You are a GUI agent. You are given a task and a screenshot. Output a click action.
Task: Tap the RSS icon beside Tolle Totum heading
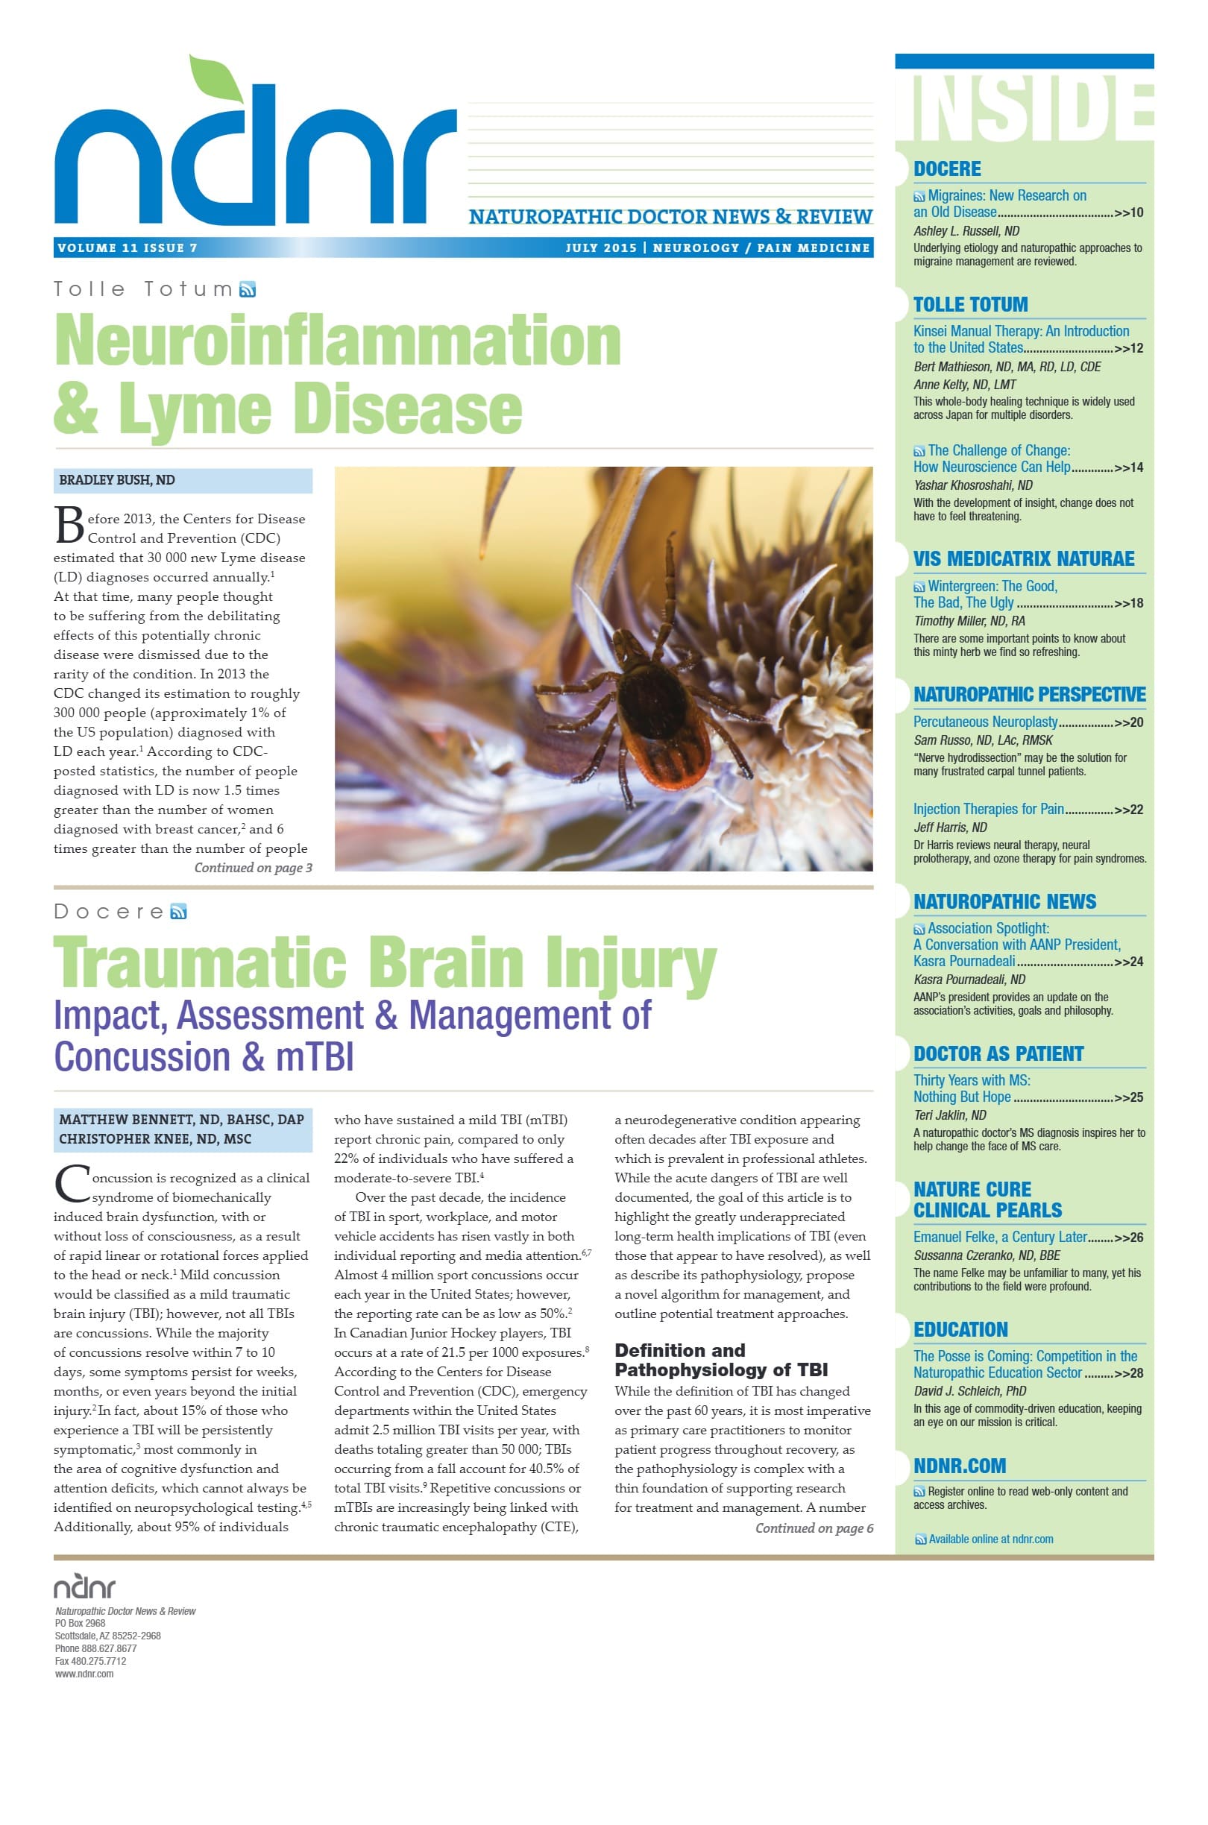[x=248, y=289]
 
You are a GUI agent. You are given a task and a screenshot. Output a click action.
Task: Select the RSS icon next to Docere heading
[x=179, y=912]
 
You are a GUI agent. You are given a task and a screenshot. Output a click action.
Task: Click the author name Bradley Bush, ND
[x=117, y=481]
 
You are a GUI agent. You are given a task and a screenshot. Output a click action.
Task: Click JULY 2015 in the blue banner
[x=601, y=248]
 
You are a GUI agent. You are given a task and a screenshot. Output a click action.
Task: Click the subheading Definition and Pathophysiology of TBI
[x=720, y=1360]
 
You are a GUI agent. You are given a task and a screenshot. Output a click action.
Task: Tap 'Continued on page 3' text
[x=253, y=868]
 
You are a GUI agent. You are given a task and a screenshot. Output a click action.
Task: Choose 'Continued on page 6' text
[x=814, y=1528]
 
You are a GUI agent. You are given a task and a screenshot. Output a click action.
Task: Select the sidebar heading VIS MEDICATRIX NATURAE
[x=1023, y=559]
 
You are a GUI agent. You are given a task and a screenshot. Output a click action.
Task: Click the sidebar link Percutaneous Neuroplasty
[x=985, y=722]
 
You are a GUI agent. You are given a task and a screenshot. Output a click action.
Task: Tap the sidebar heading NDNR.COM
[x=959, y=1466]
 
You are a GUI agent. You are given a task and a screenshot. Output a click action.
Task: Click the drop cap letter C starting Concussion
[x=72, y=1184]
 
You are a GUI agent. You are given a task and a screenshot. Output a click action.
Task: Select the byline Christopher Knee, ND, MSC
[x=155, y=1139]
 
